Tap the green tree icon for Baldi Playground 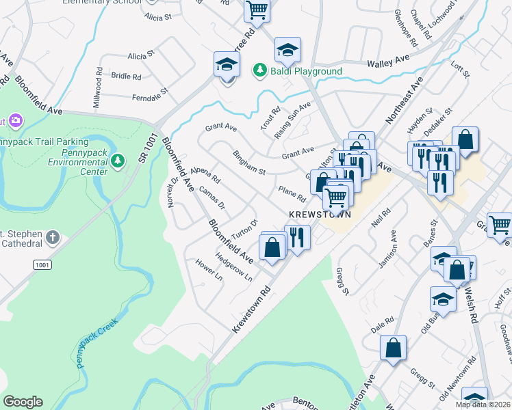pos(260,70)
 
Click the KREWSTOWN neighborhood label pos(320,214)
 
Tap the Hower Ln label pos(209,271)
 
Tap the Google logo pos(23,401)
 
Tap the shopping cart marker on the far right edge pos(501,225)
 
